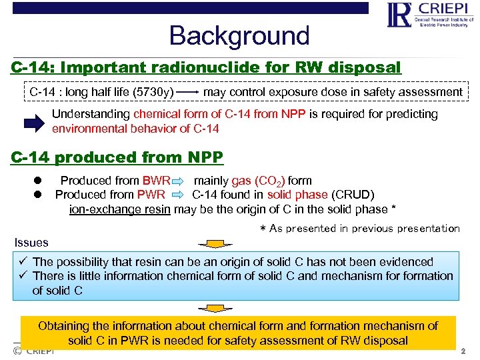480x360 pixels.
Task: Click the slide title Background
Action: pos(239,35)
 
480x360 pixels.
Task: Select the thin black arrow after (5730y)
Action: pos(189,92)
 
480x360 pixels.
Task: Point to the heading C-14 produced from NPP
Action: pos(117,157)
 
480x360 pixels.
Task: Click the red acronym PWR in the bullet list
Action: pos(151,195)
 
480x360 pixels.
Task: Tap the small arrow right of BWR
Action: pos(179,181)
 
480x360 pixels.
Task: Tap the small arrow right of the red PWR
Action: pos(178,195)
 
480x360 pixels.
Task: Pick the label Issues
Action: pos(31,243)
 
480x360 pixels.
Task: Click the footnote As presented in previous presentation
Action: pos(359,229)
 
